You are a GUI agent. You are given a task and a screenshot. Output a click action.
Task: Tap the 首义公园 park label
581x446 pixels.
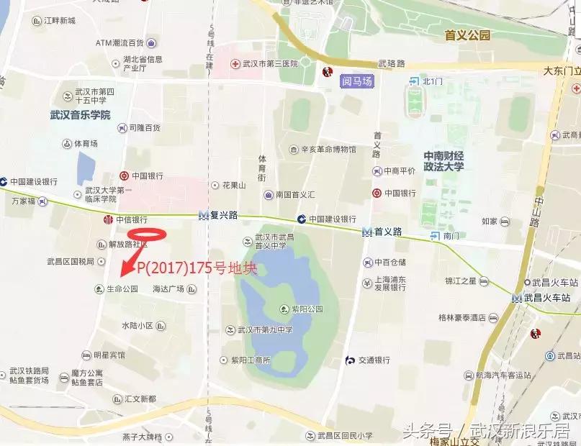(467, 35)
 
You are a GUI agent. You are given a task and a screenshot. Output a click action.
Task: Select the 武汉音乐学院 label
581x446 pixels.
(80, 114)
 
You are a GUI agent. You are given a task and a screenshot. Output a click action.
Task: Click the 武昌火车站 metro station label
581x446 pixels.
(546, 298)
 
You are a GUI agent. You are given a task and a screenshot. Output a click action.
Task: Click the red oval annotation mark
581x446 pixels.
(147, 235)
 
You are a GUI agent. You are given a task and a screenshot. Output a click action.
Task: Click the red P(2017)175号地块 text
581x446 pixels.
(197, 268)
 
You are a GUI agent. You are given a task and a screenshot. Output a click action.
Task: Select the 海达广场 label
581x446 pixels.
(168, 289)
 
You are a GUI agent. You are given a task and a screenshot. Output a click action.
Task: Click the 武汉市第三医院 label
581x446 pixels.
(269, 64)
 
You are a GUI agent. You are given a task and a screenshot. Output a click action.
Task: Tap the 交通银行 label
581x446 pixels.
(371, 360)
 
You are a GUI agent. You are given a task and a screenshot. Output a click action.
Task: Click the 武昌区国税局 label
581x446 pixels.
(71, 261)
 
